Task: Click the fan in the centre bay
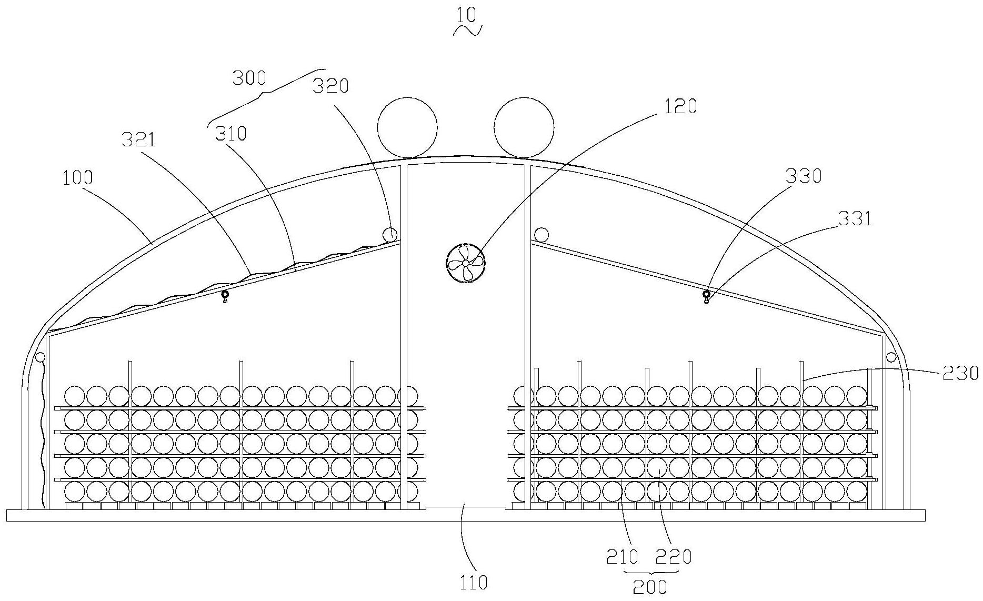coord(465,263)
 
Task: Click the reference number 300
coord(249,79)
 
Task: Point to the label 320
coord(331,86)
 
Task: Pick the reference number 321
coord(139,139)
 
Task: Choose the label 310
coord(230,134)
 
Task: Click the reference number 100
coord(77,177)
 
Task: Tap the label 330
coord(803,177)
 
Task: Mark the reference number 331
coord(854,218)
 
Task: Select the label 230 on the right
coord(961,373)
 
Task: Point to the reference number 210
coord(623,556)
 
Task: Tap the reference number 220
coord(673,556)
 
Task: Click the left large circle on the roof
coord(407,127)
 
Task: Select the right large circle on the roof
coord(524,127)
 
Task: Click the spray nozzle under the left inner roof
coord(226,296)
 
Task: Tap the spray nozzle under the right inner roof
coord(706,296)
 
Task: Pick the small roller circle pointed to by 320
coord(389,234)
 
